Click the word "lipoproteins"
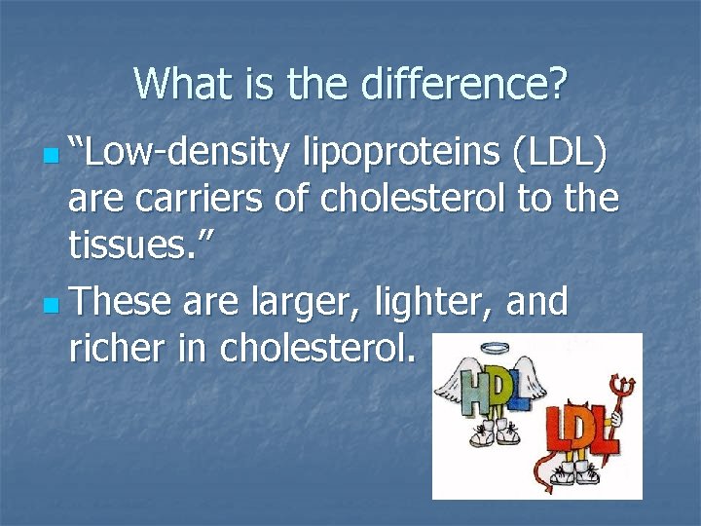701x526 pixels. pyautogui.click(x=393, y=154)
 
